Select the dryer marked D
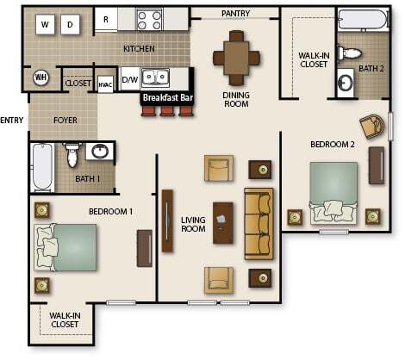coord(71,24)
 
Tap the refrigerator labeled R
coord(106,19)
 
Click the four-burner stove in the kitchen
coord(149,19)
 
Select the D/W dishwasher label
coord(130,79)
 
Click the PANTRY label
coord(235,14)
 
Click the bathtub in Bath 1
coord(41,167)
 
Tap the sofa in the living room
coord(259,223)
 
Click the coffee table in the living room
coord(223,223)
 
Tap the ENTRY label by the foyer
coord(12,120)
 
